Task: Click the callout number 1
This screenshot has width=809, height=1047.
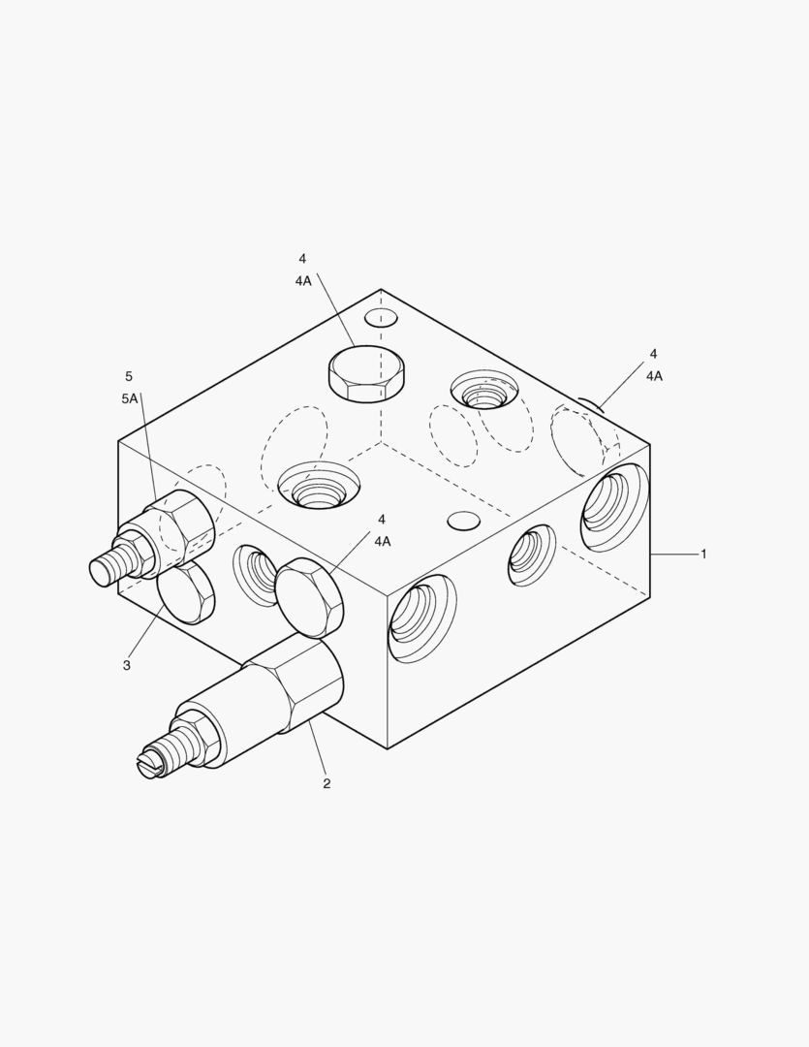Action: tap(702, 554)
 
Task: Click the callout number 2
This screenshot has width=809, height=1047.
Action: tap(327, 784)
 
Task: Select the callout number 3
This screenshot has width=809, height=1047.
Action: tap(127, 665)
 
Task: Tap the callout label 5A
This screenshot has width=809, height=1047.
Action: tap(130, 398)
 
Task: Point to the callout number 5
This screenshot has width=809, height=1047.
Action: tap(129, 376)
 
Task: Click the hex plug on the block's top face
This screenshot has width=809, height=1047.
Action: tap(367, 374)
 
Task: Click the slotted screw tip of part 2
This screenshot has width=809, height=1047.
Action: tap(148, 762)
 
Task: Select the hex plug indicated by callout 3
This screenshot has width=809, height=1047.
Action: tap(186, 592)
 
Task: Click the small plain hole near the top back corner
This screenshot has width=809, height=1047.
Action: tap(381, 316)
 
